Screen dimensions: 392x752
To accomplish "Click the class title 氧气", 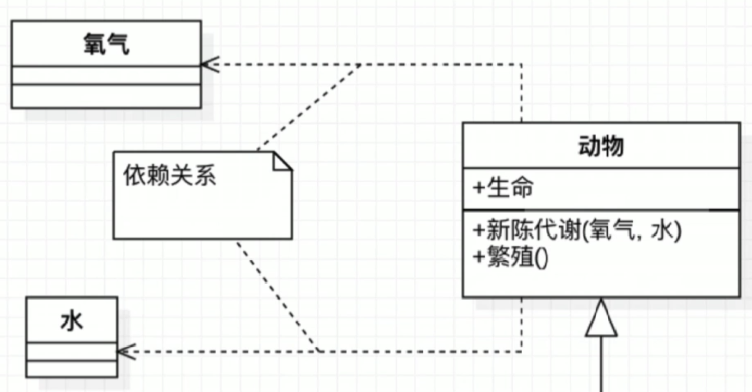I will tap(106, 44).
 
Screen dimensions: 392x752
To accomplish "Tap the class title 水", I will tap(72, 321).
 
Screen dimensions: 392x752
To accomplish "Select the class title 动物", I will tap(601, 146).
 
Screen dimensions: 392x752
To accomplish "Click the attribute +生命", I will tap(503, 189).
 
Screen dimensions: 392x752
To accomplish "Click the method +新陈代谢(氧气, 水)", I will tap(577, 232).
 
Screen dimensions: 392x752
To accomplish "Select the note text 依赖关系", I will tap(169, 176).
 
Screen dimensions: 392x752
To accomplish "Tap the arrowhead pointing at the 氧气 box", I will tap(209, 64).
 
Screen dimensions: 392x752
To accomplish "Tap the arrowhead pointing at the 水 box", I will tap(126, 351).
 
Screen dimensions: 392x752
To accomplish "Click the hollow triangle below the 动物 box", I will tap(601, 320).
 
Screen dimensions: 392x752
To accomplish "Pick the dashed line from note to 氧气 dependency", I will tap(307, 107).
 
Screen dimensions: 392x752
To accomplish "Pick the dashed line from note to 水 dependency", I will tap(277, 296).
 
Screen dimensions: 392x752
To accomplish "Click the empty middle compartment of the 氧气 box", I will tap(106, 76).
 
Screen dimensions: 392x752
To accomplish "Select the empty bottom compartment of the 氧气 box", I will tap(106, 96).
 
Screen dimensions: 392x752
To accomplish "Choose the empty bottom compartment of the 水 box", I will tap(72, 368).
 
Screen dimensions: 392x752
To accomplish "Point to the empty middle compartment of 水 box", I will tap(72, 351).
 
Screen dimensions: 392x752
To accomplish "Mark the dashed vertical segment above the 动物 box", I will tap(521, 93).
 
